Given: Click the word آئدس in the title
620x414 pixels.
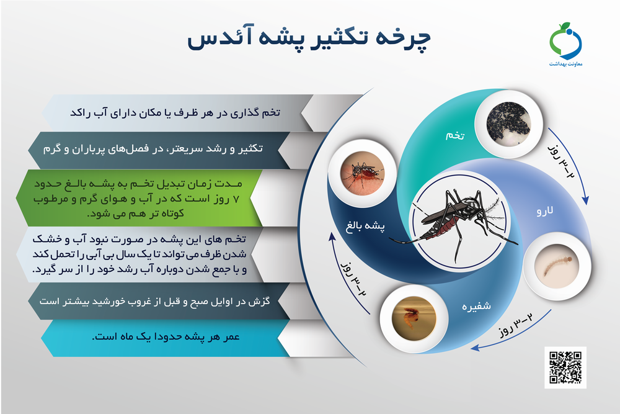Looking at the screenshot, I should (x=211, y=38).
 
